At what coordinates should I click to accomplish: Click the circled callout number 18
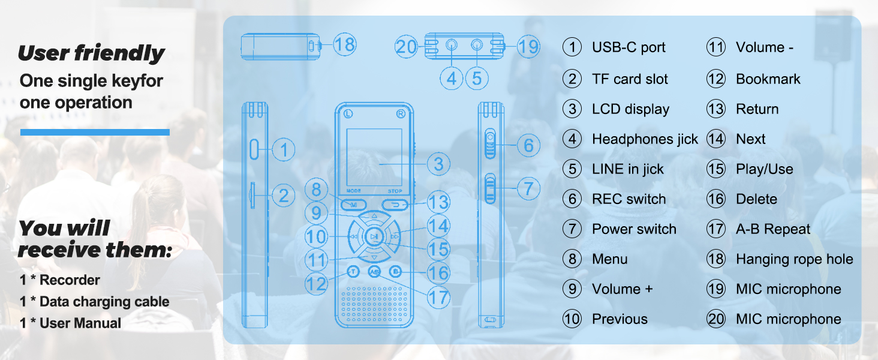click(344, 44)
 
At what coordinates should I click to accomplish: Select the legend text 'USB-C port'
click(628, 47)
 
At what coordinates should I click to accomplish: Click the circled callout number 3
click(438, 163)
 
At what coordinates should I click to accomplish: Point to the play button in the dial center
click(374, 237)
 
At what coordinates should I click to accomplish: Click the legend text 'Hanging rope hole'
click(793, 259)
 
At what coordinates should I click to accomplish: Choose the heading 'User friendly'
click(91, 53)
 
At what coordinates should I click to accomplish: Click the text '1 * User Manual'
click(70, 323)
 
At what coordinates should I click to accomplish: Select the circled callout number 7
click(528, 188)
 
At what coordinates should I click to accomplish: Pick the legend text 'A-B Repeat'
click(772, 229)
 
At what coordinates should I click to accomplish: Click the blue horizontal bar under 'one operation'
click(95, 132)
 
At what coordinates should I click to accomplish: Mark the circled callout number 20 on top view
click(406, 46)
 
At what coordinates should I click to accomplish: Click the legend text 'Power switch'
click(633, 229)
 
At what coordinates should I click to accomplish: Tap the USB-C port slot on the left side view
click(254, 149)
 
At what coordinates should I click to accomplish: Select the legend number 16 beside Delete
click(715, 199)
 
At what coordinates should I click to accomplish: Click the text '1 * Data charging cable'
click(94, 302)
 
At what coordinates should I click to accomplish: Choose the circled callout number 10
click(316, 236)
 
